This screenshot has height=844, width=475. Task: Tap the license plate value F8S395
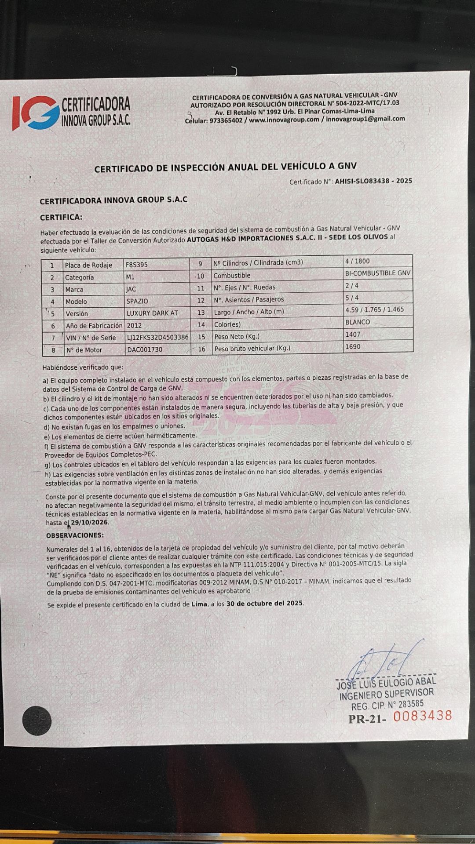point(137,265)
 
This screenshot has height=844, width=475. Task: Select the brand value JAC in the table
point(131,289)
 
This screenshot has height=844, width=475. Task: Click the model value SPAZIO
point(137,302)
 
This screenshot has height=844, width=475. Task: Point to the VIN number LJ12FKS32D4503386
point(157,338)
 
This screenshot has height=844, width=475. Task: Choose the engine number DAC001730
point(144,350)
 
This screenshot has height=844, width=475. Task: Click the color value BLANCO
point(358,322)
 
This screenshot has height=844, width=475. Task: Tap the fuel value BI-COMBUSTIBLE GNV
point(378,273)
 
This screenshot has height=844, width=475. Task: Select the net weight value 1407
point(353,335)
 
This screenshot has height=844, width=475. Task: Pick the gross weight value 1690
point(353,347)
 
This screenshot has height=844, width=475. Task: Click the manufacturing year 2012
point(134,326)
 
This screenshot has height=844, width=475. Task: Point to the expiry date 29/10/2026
point(90,522)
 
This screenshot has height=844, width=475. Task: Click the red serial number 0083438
point(422,716)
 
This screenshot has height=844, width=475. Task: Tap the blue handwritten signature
point(387,660)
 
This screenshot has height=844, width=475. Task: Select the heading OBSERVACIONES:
point(75,535)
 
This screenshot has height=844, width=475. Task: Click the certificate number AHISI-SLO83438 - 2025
point(373,181)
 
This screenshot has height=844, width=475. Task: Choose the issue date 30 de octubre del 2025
point(265,604)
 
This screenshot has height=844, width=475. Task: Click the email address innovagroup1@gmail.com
point(365,119)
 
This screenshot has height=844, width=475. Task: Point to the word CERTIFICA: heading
point(61,217)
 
